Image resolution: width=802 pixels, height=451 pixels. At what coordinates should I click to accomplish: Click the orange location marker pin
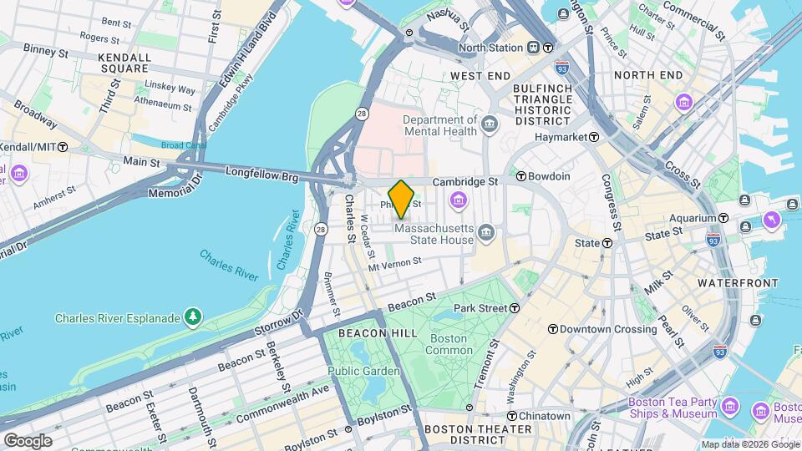pyautogui.click(x=402, y=199)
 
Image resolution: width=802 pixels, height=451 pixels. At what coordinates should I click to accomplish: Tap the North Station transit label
pyautogui.click(x=494, y=48)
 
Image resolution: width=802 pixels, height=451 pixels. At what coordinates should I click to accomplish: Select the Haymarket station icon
pyautogui.click(x=594, y=137)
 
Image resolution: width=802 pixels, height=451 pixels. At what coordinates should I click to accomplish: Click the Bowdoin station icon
pyautogui.click(x=521, y=176)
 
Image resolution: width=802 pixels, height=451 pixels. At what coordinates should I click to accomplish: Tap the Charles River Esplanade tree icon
pyautogui.click(x=194, y=317)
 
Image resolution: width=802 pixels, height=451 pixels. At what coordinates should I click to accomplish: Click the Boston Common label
pyautogui.click(x=448, y=345)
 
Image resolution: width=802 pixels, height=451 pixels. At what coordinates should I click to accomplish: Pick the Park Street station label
pyautogui.click(x=480, y=308)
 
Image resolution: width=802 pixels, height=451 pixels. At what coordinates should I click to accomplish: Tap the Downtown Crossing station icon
pyautogui.click(x=552, y=329)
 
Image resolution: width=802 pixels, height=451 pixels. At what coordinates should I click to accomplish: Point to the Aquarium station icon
pyautogui.click(x=723, y=218)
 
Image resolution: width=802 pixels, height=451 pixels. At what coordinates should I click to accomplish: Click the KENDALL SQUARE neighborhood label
pyautogui.click(x=124, y=63)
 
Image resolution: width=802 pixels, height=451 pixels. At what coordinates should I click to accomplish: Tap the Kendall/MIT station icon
pyautogui.click(x=63, y=146)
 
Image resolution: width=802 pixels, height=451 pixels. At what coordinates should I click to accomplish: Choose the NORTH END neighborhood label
pyautogui.click(x=647, y=75)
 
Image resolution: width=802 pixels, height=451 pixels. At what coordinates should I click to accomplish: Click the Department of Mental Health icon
pyautogui.click(x=490, y=125)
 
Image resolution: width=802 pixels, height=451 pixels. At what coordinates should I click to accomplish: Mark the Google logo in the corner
pyautogui.click(x=28, y=440)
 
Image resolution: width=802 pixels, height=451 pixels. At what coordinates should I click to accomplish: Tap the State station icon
pyautogui.click(x=607, y=243)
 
